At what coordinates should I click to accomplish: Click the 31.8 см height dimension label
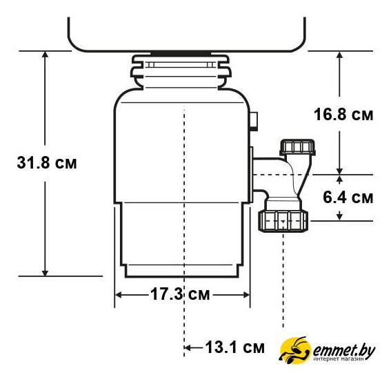[x=47, y=162]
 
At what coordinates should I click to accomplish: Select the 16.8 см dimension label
[x=343, y=115]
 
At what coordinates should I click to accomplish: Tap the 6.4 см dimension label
[x=348, y=197]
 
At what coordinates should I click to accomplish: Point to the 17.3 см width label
[x=180, y=294]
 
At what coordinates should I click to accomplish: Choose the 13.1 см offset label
[x=234, y=347]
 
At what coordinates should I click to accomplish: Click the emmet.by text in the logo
[x=344, y=351]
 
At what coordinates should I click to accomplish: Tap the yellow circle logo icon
[x=295, y=350]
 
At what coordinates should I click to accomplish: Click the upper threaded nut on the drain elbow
[x=297, y=147]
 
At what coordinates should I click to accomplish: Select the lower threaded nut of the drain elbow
[x=283, y=221]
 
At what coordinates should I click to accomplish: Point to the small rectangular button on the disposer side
[x=254, y=121]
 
